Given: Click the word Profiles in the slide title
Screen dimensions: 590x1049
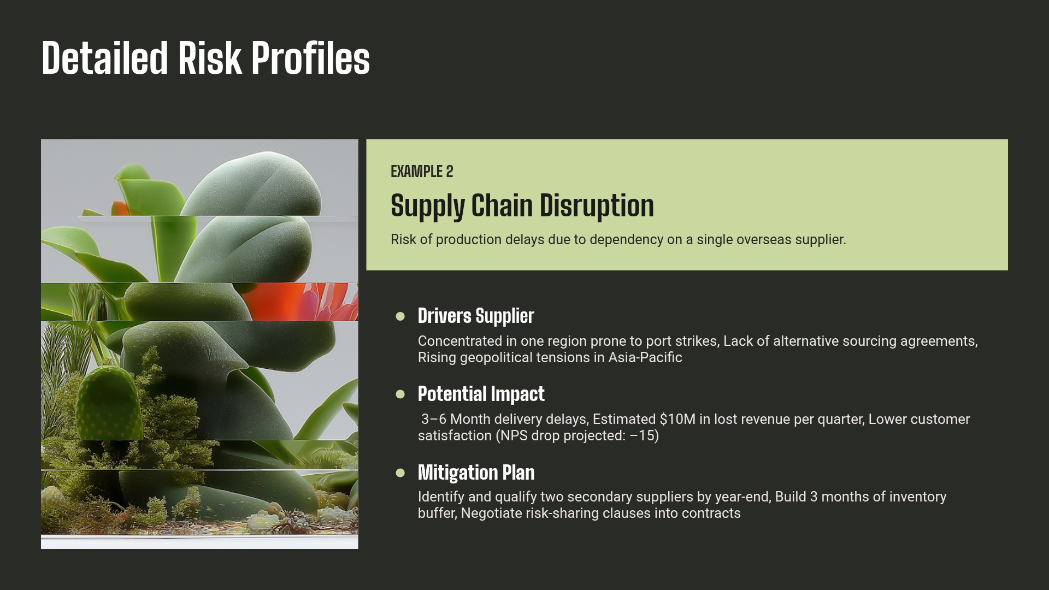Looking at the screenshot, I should [x=310, y=58].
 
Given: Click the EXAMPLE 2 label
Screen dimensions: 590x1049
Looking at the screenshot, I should [x=422, y=172].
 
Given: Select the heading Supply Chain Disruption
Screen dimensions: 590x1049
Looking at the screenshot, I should [x=522, y=205].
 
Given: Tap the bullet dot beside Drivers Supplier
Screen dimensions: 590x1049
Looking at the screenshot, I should [x=400, y=316].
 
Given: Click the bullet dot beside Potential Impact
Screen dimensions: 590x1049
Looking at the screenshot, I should [x=400, y=394].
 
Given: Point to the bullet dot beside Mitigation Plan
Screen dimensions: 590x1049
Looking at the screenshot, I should [x=400, y=473].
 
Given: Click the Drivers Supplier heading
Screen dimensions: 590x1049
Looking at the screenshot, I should [x=475, y=316].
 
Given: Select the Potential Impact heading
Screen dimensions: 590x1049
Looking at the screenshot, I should [x=481, y=394].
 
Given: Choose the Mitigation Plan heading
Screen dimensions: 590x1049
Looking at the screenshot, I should [x=476, y=473].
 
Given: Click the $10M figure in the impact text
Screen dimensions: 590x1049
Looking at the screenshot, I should [x=677, y=420].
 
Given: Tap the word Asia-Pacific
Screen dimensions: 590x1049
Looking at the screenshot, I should [x=645, y=358].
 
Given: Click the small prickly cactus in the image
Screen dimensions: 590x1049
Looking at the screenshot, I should [x=108, y=402].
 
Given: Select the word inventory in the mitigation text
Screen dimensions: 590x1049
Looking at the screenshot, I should [x=917, y=497].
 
